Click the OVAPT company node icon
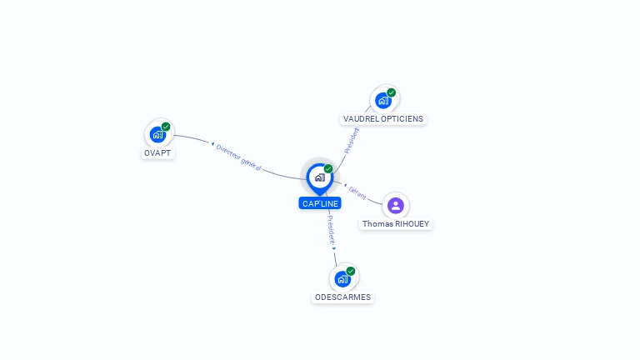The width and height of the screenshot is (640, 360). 158,135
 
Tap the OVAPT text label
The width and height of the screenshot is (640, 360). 157,153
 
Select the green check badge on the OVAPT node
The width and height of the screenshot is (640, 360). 166,127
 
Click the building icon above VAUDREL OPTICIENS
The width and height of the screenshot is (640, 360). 383,100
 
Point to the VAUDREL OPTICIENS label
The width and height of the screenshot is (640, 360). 383,119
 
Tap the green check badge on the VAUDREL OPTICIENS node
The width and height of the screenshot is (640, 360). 392,92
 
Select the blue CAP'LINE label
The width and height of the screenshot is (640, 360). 320,203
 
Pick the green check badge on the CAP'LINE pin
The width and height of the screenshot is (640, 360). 328,168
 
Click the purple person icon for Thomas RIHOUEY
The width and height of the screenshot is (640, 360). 396,205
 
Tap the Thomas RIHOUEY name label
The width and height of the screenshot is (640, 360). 396,223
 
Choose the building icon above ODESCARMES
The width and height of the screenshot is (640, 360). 342,279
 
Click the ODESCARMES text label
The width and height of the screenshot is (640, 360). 342,297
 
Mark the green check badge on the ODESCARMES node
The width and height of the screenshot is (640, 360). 351,271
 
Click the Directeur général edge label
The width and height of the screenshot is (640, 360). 238,157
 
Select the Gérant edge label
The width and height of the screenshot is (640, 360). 357,192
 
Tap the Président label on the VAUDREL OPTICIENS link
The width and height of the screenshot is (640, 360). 352,141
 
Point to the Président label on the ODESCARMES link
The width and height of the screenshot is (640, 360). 331,230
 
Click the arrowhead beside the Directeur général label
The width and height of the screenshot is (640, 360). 212,144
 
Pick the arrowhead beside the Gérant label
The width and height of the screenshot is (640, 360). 345,185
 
